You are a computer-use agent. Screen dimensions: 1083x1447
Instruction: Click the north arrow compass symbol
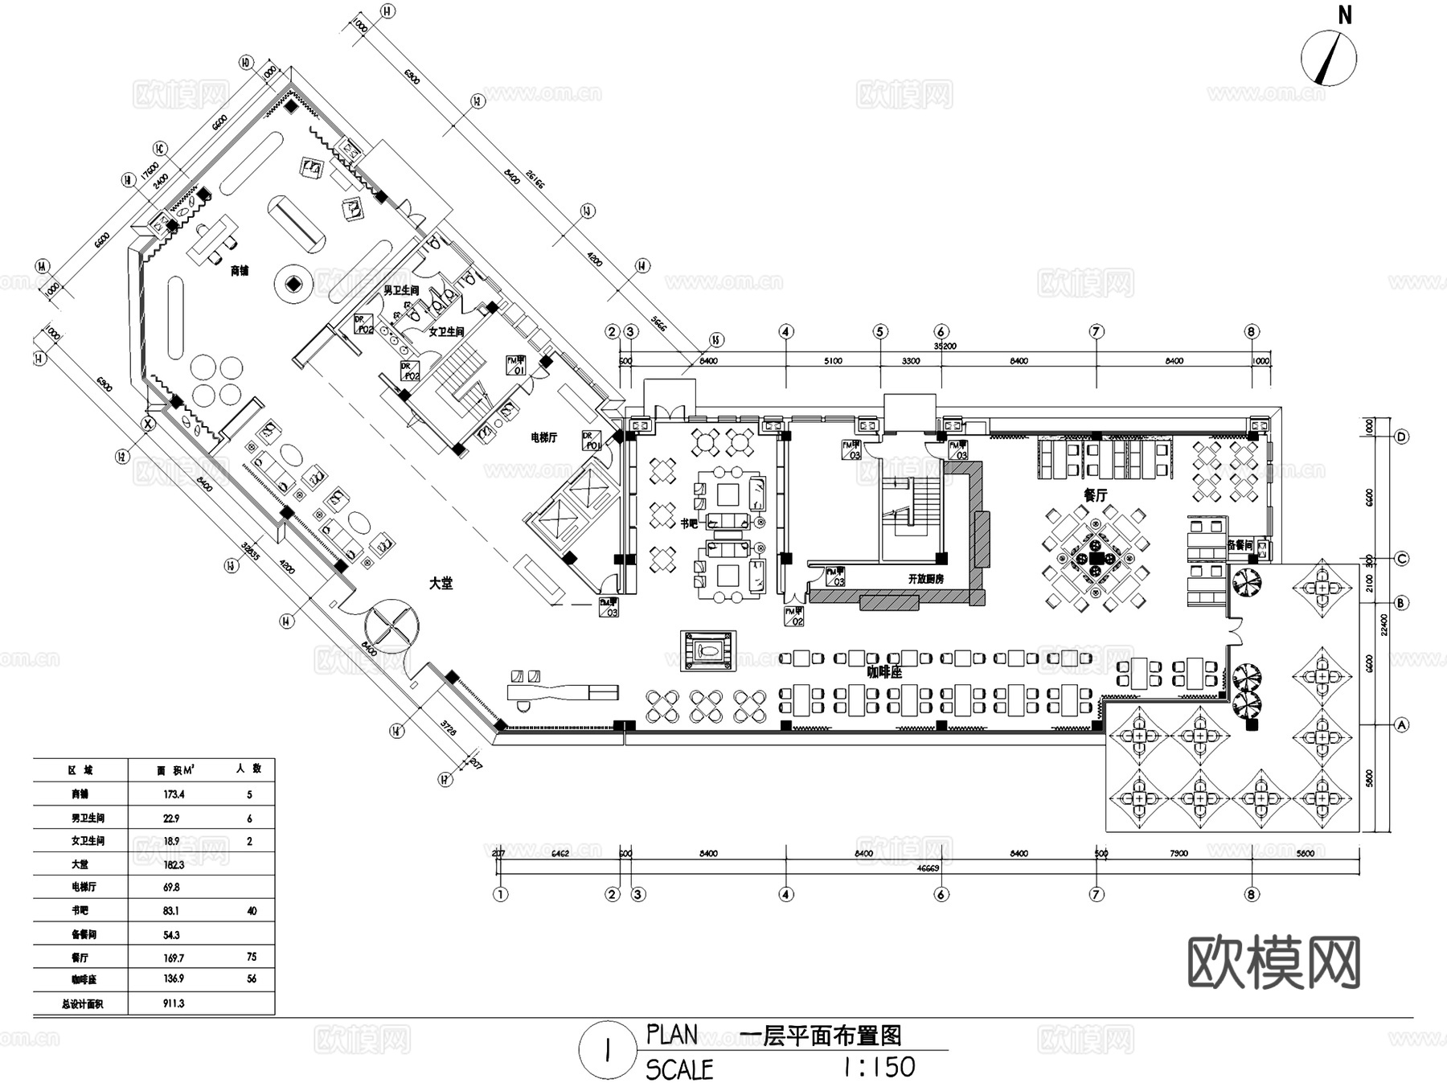[x=1329, y=57]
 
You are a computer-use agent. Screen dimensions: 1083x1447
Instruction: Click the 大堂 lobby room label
[x=441, y=584]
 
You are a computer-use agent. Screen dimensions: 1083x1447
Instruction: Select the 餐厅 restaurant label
[x=1096, y=496]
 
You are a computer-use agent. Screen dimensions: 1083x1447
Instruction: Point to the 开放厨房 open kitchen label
[x=925, y=579]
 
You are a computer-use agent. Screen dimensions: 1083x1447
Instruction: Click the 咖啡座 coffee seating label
[x=884, y=672]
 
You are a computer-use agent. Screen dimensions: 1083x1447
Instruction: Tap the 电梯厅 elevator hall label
[x=543, y=437]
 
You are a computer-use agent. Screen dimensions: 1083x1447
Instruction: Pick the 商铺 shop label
[x=240, y=271]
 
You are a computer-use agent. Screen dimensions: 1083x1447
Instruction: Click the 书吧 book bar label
[x=689, y=523]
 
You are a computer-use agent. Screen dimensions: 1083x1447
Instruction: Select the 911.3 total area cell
[x=173, y=1003]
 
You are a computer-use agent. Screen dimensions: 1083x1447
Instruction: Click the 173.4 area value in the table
[x=173, y=794]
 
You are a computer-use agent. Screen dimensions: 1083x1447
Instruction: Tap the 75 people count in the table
[x=252, y=957]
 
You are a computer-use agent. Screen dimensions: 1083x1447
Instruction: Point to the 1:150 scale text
[x=879, y=1067]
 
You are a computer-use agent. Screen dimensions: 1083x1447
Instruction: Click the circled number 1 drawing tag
[x=609, y=1051]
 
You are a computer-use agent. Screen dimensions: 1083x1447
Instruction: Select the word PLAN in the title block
[x=672, y=1035]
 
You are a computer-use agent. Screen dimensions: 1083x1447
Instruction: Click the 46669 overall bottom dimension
[x=928, y=868]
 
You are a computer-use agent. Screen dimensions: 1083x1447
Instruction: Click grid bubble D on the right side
[x=1401, y=437]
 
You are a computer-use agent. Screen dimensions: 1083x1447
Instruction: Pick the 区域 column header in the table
[x=80, y=769]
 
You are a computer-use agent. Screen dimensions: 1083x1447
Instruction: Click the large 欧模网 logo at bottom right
[x=1273, y=962]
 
